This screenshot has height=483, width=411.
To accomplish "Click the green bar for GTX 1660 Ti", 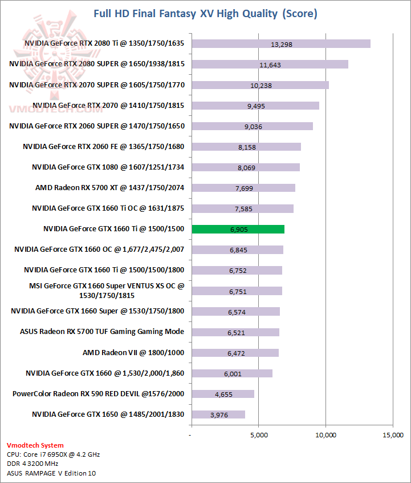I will pyautogui.click(x=238, y=229).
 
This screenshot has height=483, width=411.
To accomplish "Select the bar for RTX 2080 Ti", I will pyautogui.click(x=281, y=44).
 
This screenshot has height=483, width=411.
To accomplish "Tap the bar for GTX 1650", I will pyautogui.click(x=218, y=414).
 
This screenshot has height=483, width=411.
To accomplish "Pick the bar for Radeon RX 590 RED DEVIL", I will pyautogui.click(x=223, y=394).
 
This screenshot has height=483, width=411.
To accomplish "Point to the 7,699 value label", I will pyautogui.click(x=242, y=188).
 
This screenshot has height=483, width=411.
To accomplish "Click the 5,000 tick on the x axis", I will pyautogui.click(x=259, y=435).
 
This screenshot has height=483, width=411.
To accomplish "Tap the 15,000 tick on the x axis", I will pyautogui.click(x=392, y=435).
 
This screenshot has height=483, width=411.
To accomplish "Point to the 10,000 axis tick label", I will pyautogui.click(x=325, y=435).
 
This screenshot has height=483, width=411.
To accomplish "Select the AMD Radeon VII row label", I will pyautogui.click(x=133, y=352).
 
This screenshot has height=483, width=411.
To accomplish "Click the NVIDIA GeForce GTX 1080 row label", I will pyautogui.click(x=108, y=167).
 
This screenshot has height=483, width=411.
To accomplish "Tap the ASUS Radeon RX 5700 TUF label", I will pyautogui.click(x=102, y=332).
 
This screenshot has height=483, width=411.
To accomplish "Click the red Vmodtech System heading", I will pyautogui.click(x=35, y=445).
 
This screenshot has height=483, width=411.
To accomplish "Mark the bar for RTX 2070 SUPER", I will pyautogui.click(x=260, y=85).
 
